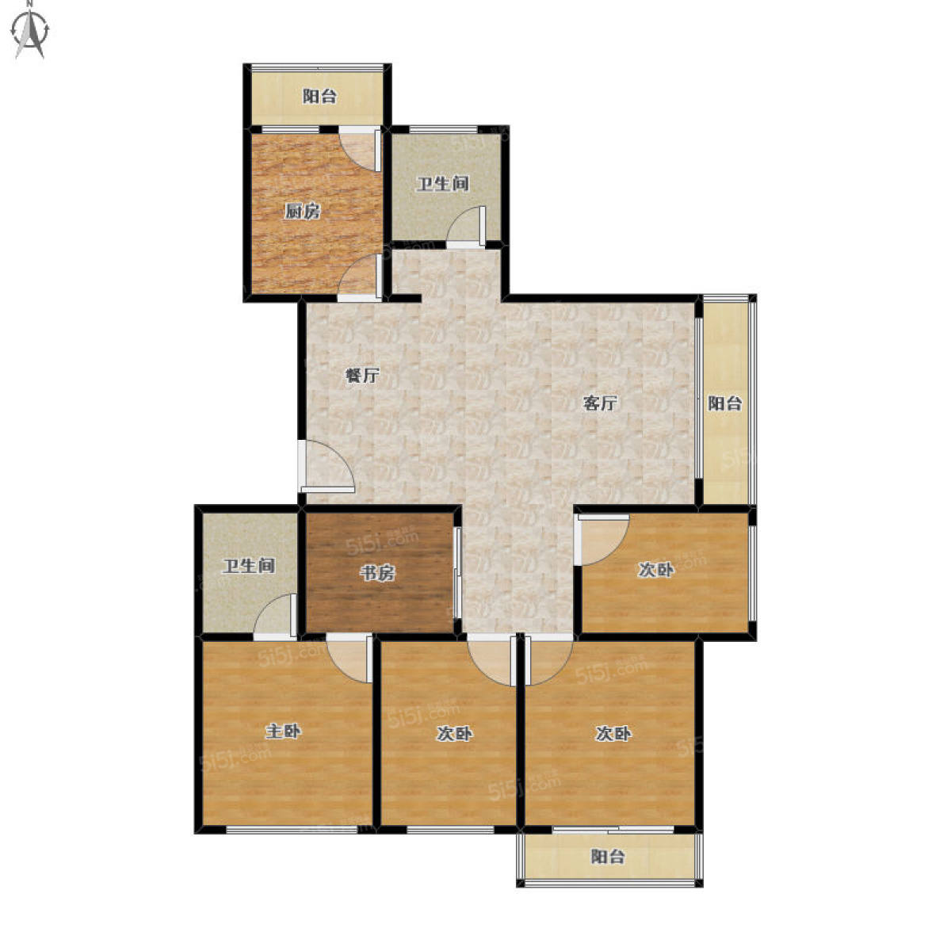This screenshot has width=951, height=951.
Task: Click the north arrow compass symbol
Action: [31, 31]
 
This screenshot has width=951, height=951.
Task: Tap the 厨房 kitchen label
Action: [302, 212]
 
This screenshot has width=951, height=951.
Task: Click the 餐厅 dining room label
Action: [361, 376]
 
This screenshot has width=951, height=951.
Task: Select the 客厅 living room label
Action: [600, 403]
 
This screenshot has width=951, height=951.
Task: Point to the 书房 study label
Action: [377, 573]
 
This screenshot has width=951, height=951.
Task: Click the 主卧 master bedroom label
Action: [283, 731]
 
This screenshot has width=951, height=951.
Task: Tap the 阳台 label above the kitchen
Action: [319, 96]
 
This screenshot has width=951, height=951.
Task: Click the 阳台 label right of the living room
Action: [724, 403]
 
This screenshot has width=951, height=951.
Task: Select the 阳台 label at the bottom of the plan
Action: [608, 856]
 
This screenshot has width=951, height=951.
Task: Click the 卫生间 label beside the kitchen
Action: [443, 184]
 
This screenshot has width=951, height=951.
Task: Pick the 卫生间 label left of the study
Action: [248, 566]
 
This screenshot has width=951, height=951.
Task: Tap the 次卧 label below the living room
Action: [656, 570]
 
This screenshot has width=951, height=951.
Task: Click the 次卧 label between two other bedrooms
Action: [454, 734]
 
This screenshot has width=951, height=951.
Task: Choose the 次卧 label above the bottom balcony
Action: [613, 734]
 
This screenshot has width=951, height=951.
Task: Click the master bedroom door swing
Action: [349, 659]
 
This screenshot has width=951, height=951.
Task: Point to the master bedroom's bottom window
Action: [291, 831]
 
